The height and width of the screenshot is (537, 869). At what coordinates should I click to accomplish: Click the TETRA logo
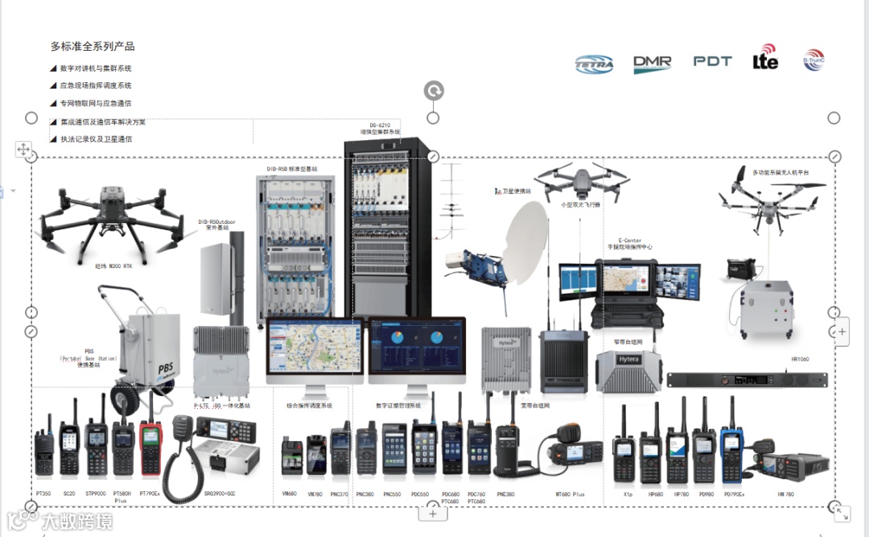point(595,64)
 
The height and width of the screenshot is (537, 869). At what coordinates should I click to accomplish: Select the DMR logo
point(652,64)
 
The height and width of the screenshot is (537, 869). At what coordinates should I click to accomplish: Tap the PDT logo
point(712,61)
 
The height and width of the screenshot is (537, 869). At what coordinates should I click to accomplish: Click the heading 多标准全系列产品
point(93,47)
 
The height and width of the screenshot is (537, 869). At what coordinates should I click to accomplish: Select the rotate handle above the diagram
point(434,91)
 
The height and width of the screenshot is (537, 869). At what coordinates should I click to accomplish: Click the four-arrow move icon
point(23,149)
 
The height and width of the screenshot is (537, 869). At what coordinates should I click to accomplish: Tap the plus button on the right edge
point(842,331)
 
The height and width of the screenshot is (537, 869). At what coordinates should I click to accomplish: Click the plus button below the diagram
point(433,513)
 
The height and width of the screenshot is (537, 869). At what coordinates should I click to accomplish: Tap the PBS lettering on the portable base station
point(165,369)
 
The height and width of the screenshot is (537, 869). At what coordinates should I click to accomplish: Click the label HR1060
point(800,359)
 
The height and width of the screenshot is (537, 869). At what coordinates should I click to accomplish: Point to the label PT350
point(43,493)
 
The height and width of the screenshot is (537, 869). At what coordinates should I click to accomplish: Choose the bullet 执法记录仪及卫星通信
point(96,138)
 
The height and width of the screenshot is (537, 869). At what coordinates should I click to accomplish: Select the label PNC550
point(393,494)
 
